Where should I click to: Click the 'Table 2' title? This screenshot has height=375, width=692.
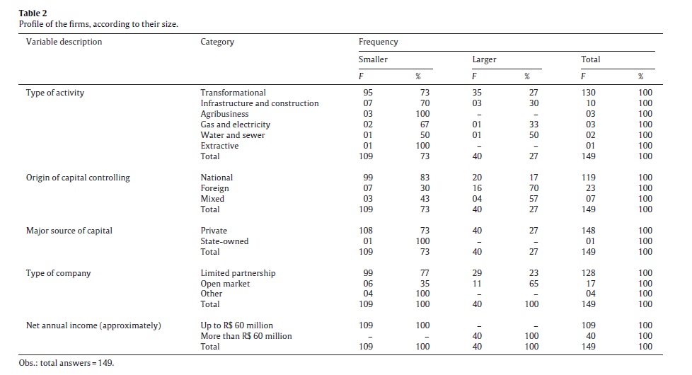click(x=33, y=13)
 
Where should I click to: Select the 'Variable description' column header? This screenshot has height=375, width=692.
click(x=64, y=42)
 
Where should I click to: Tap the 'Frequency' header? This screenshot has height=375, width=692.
click(x=379, y=42)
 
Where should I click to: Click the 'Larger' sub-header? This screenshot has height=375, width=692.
click(x=484, y=59)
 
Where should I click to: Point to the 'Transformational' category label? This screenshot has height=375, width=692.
click(x=233, y=93)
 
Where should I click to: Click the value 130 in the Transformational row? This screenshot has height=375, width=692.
click(x=588, y=93)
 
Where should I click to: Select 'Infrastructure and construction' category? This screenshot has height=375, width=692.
click(x=260, y=103)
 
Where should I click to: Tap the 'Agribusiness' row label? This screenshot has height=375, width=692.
click(x=224, y=114)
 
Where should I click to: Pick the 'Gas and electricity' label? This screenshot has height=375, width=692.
click(x=235, y=125)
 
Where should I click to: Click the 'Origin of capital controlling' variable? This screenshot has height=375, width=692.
click(x=78, y=178)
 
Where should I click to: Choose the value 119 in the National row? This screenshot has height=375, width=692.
click(x=588, y=178)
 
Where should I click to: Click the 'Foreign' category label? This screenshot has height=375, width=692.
click(x=215, y=188)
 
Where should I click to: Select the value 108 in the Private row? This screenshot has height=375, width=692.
click(x=366, y=230)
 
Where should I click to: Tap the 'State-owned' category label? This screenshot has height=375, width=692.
click(x=224, y=241)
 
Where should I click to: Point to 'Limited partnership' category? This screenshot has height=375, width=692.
click(x=238, y=273)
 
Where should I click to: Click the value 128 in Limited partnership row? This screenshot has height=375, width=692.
click(x=588, y=273)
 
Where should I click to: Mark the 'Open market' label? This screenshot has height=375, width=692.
click(x=225, y=284)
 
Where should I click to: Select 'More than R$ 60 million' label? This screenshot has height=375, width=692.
click(x=246, y=336)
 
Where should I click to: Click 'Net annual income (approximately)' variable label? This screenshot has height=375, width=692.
click(x=93, y=325)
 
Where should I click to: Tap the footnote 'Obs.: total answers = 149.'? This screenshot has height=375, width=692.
click(x=67, y=363)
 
